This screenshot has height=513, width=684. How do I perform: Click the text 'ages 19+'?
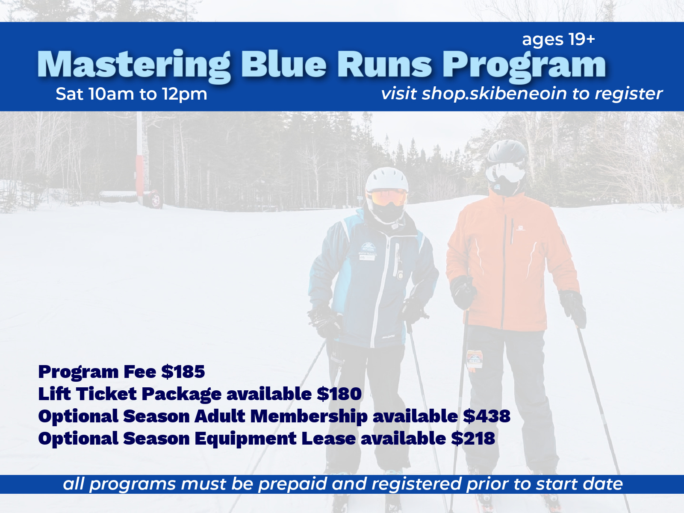coord(558,39)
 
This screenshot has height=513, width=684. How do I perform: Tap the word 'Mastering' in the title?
coord(134,65)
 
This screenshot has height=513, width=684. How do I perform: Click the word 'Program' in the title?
coord(524,65)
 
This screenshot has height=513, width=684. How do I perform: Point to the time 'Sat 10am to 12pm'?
coord(131,94)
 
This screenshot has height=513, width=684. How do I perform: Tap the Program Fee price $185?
coord(183,371)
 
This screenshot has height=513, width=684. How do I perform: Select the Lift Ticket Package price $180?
coord(339,394)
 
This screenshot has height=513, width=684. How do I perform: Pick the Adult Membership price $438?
coord(487,416)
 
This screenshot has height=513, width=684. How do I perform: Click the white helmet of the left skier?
coord(386,179)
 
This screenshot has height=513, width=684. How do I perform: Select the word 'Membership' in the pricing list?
coord(309,416)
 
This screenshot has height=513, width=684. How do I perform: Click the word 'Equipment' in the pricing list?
coord(245,438)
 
